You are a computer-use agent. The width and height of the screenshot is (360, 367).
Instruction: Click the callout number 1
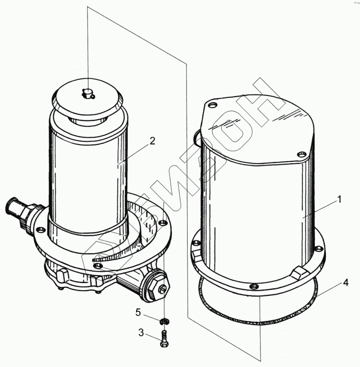[339, 200]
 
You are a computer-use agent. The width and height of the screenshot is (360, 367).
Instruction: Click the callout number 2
[152, 141]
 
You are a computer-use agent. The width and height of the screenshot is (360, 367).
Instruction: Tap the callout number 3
[141, 333]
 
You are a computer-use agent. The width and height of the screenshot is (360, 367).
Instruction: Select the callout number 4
[346, 283]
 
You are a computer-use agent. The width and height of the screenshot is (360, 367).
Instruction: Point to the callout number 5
[138, 312]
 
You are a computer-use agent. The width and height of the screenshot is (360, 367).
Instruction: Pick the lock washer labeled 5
[165, 322]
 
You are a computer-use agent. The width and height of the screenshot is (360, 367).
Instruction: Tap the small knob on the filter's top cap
[88, 93]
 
